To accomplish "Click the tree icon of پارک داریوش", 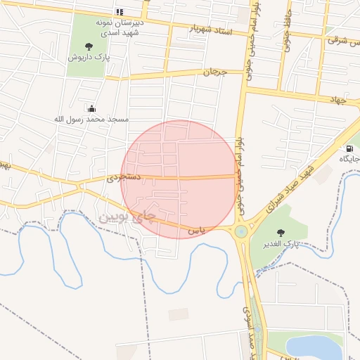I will (x=88, y=46).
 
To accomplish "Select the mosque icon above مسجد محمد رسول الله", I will (x=91, y=108).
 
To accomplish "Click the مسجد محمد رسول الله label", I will (x=91, y=119).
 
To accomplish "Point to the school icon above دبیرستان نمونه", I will (x=119, y=13).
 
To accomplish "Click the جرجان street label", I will (x=212, y=72).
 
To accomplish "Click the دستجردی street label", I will (x=124, y=178).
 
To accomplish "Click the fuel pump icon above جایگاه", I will (x=349, y=148).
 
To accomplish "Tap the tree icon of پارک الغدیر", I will (x=281, y=232).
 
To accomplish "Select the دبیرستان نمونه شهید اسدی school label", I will (x=120, y=27).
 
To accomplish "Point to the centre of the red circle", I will (x=179, y=179).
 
